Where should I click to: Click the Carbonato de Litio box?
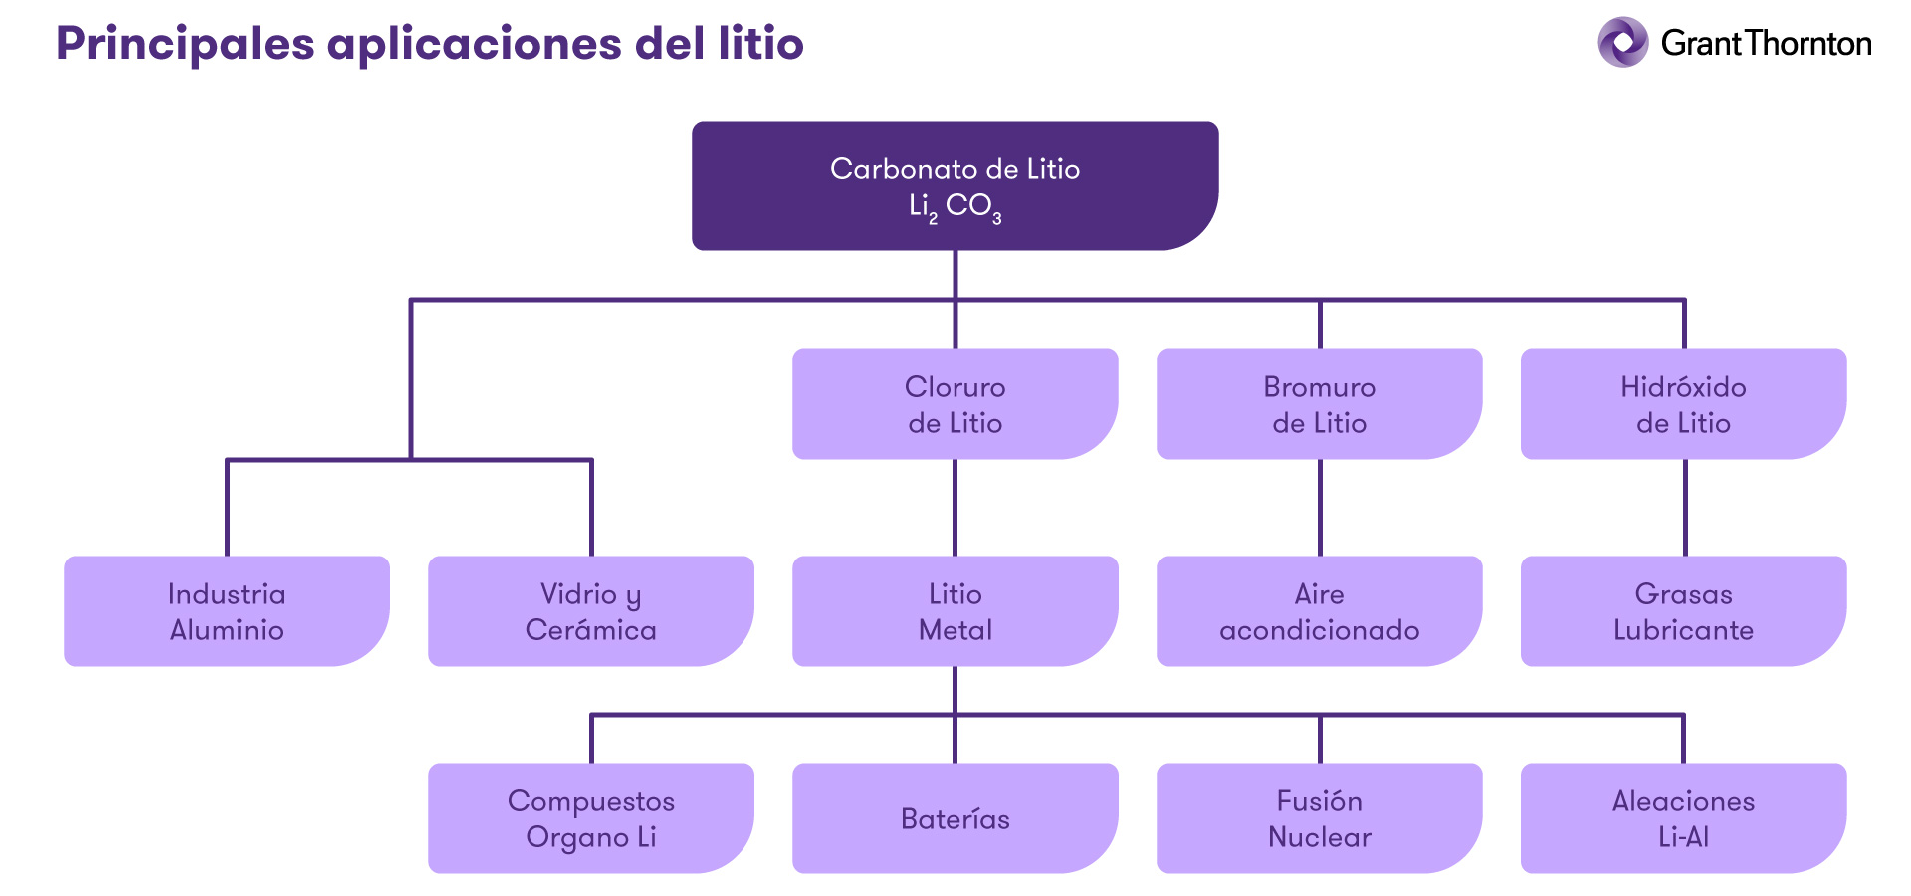[955, 185]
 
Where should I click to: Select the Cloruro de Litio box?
[955, 403]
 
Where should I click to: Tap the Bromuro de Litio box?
[1319, 403]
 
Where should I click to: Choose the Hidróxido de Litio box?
[1683, 403]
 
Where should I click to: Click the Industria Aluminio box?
[226, 610]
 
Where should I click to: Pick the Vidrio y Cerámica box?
[590, 610]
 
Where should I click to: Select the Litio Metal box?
[955, 610]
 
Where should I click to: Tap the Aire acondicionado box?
[1319, 610]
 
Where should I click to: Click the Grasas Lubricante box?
[1683, 610]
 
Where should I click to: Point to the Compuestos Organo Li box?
[590, 817]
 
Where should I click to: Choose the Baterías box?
[955, 817]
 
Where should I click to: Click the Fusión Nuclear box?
[1319, 817]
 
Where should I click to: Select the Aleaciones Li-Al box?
[1683, 817]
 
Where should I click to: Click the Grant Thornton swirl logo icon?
[1623, 42]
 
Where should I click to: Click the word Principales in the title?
[184, 44]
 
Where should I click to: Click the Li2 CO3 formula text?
[955, 207]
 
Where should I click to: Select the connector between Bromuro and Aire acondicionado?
[1320, 507]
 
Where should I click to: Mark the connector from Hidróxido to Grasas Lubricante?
[1684, 507]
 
